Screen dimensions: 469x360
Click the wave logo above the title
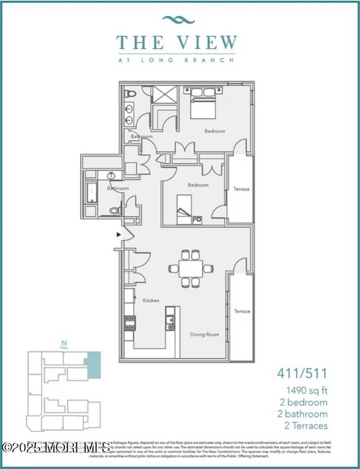(178, 20)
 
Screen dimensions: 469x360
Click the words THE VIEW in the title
(177, 42)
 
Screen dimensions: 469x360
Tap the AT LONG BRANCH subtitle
(177, 57)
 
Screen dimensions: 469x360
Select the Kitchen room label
(151, 301)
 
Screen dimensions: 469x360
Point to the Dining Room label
(204, 334)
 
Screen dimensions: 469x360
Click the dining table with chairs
(191, 269)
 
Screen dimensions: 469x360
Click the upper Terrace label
(241, 189)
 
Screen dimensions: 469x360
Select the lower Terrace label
(241, 312)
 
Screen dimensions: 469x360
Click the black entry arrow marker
(118, 235)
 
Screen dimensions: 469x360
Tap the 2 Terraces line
(304, 425)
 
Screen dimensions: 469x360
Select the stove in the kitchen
(130, 322)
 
